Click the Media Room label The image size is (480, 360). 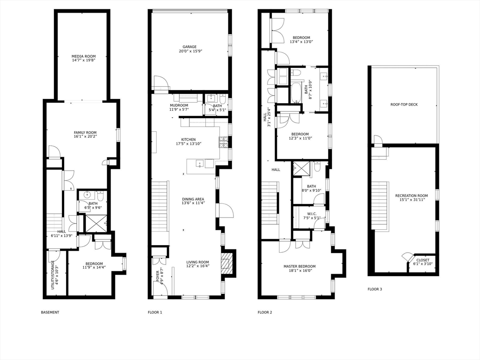point(83,56)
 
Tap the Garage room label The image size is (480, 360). point(189,47)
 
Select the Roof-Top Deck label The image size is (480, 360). point(404,105)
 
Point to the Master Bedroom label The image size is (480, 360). point(300,266)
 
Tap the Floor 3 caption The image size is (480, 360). point(375,289)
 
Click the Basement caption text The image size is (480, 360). point(50,312)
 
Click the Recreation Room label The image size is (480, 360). point(411,196)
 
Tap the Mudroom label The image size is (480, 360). point(179,105)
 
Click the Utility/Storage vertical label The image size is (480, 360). point(52,275)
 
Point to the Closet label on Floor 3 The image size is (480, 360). point(422,260)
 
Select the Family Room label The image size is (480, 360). point(85,133)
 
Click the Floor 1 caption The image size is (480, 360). point(155,312)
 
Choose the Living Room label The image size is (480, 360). point(197,262)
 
